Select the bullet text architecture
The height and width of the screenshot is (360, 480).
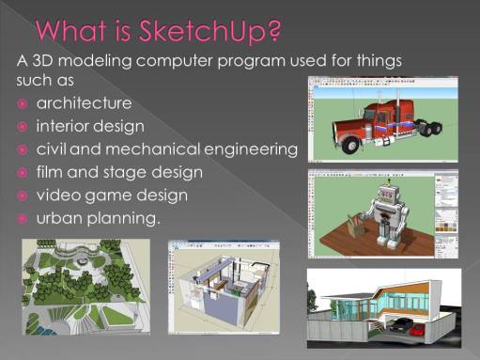[85, 102]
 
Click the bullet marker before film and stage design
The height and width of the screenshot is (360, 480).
[22, 173]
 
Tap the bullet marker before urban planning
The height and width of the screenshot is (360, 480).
[22, 219]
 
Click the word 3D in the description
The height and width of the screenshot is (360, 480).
[46, 61]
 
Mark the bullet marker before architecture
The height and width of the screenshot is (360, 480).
[22, 102]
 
